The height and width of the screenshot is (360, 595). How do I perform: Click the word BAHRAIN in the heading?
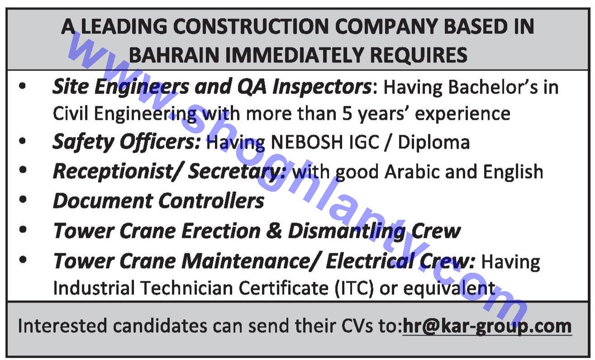(174, 55)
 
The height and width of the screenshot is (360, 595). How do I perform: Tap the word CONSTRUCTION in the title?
(251, 27)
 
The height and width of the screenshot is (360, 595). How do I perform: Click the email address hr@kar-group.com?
(487, 326)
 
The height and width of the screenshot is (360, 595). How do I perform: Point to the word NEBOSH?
(307, 142)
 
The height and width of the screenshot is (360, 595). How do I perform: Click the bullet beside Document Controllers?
(23, 199)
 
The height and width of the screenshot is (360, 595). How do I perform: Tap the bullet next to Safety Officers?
(23, 141)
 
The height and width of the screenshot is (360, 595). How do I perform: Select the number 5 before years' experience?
(347, 114)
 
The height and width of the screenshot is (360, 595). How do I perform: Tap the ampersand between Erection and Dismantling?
(274, 231)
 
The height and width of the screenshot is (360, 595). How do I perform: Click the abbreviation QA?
(252, 87)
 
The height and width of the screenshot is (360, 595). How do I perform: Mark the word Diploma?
(434, 143)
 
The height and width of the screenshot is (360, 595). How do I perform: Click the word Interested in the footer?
(62, 326)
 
